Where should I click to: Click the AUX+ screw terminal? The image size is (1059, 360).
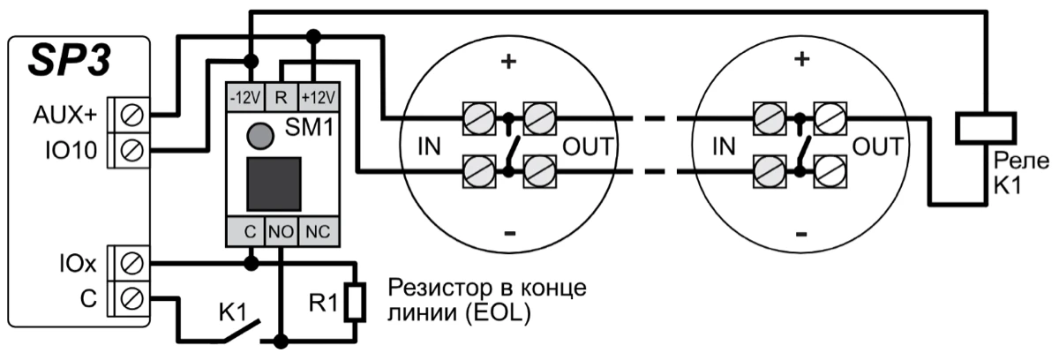pyautogui.click(x=133, y=114)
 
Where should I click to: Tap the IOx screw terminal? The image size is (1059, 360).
pyautogui.click(x=133, y=262)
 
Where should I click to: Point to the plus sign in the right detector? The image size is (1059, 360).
pyautogui.click(x=801, y=61)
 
